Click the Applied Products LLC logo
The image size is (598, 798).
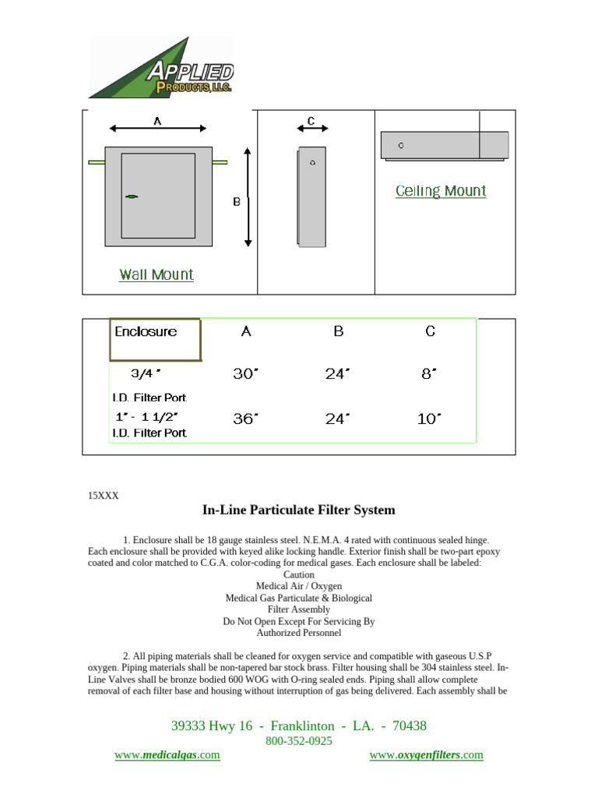161,69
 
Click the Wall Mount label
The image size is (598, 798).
157,274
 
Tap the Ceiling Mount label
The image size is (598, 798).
441,191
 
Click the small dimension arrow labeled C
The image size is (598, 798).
311,128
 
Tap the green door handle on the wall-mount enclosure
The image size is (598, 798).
132,196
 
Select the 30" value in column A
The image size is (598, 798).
245,374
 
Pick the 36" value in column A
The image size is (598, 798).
245,419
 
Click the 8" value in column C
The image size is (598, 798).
429,374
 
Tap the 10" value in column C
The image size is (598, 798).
429,419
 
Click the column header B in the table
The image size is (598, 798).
338,331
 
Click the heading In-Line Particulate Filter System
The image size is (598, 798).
298,510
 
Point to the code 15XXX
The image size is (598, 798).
103,495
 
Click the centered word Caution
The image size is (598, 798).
299,574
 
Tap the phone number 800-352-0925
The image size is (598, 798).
299,741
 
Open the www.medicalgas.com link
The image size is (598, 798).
167,755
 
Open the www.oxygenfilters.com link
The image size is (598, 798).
426,755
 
